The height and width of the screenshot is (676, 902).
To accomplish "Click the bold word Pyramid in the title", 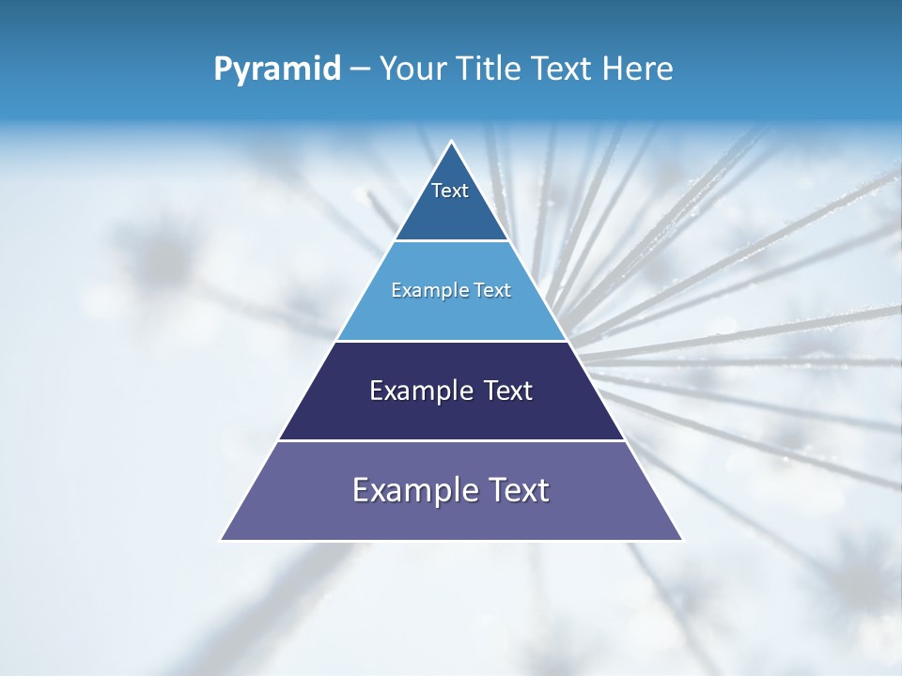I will click(277, 69).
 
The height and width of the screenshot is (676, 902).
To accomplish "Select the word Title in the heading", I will click(490, 69).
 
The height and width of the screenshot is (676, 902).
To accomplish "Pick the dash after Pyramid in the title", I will click(359, 69).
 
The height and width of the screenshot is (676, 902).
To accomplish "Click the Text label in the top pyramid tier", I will click(450, 191).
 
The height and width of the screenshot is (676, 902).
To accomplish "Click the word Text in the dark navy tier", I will click(508, 391).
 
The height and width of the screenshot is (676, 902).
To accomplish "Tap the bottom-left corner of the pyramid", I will click(222, 540).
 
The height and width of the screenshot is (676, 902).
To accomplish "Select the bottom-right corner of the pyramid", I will click(682, 540).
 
